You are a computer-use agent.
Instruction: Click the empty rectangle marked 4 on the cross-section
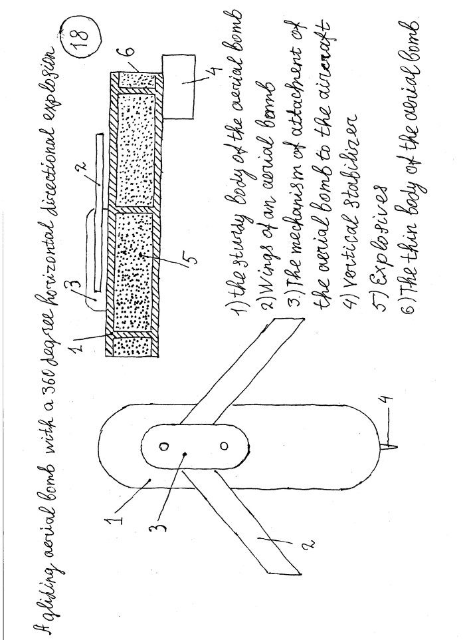coord(177,86)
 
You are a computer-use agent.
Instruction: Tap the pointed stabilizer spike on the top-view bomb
coord(389,446)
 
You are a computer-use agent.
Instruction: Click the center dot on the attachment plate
coord(185,454)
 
